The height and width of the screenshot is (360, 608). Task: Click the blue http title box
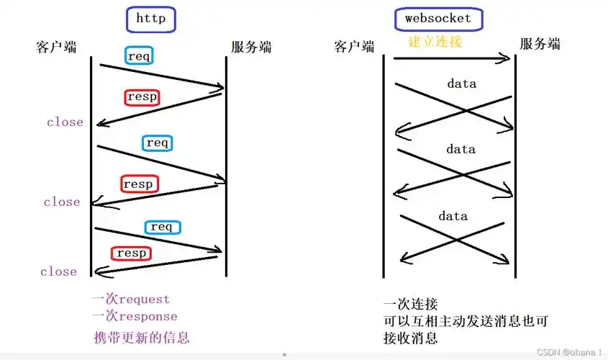tap(150, 19)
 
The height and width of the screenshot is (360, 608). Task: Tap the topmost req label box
tap(139, 55)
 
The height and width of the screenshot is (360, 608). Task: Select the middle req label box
tap(157, 143)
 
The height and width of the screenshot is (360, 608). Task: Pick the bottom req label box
tap(162, 227)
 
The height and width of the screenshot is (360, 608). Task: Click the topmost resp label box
tap(141, 96)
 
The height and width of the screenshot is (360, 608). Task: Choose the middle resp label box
tap(138, 184)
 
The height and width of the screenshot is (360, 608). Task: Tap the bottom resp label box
tap(131, 253)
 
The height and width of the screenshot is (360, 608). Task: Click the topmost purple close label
tap(65, 122)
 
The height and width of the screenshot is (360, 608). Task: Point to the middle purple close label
tap(61, 202)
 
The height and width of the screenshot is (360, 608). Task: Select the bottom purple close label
tap(58, 271)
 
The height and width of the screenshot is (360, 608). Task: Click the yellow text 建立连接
tap(435, 41)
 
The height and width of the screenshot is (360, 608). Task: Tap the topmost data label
tap(461, 84)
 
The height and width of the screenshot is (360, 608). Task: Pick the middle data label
tap(460, 150)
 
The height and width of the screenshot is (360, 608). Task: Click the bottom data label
tap(453, 216)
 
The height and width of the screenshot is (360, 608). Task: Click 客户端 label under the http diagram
tap(56, 47)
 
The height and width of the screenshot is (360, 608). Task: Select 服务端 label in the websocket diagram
tap(540, 45)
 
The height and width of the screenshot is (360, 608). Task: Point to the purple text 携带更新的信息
tap(142, 337)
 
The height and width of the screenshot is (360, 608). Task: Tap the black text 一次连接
tap(411, 305)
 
